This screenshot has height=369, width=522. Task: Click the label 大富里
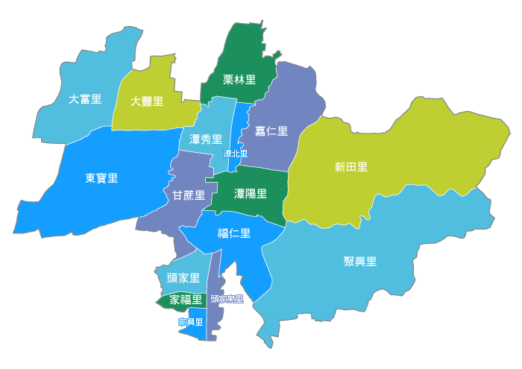85,99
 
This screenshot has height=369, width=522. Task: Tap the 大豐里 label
147,101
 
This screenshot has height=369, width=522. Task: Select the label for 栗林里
239,80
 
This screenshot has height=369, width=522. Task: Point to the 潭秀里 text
206,139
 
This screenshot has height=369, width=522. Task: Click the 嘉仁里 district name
271,131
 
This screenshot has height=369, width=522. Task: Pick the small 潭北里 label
236,154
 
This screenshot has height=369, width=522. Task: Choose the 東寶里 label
101,178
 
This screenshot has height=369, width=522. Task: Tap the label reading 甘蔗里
189,195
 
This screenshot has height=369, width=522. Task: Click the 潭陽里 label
251,194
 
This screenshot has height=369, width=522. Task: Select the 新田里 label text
351,167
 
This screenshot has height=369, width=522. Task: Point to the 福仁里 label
234,233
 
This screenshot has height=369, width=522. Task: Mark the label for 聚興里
360,262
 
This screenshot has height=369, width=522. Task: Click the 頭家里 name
183,278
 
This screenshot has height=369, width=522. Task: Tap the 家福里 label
186,300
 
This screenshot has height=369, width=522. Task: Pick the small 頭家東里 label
227,299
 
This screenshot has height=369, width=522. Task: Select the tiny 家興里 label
191,322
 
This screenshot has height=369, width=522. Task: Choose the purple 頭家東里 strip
214,321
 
